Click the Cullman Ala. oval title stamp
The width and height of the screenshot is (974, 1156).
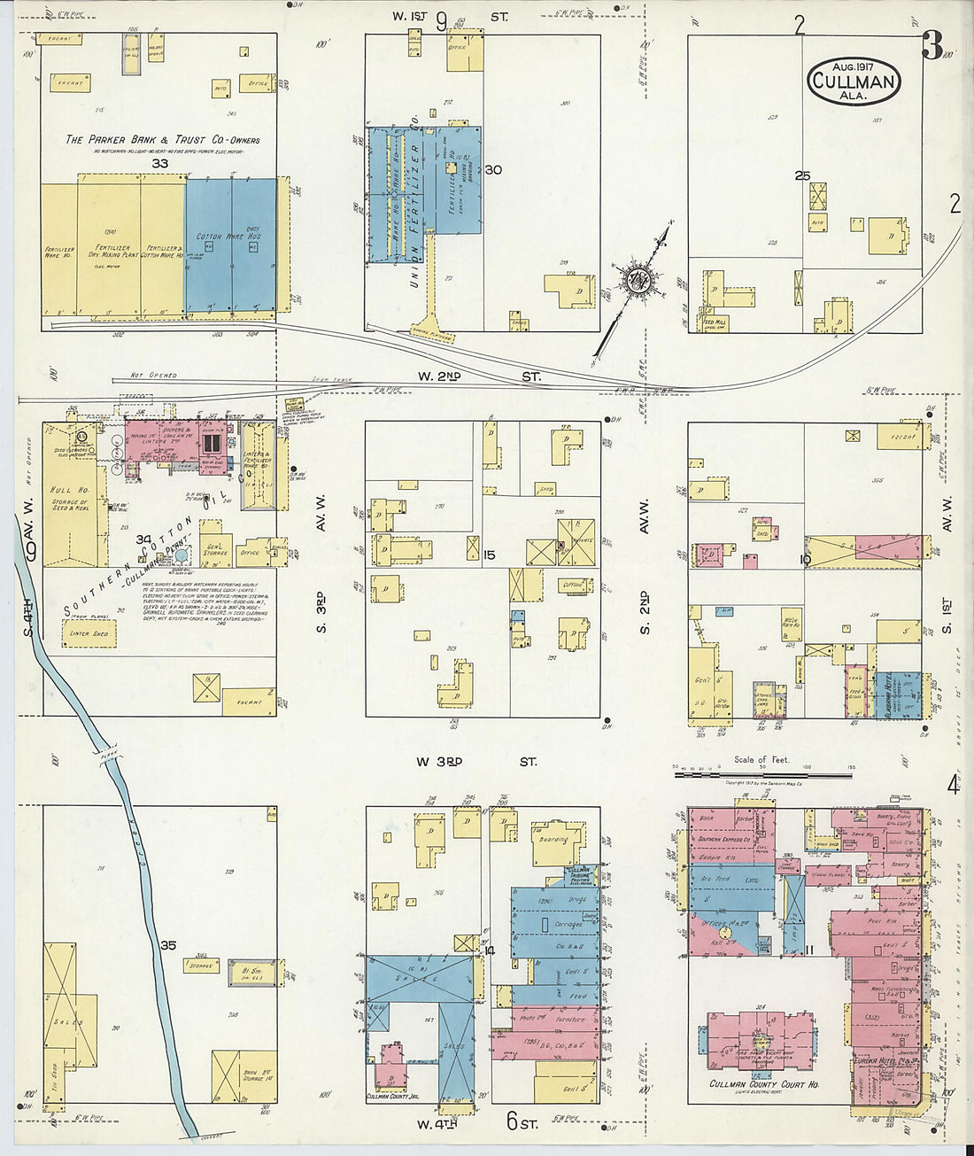(854, 81)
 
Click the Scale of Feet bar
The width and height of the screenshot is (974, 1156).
(763, 775)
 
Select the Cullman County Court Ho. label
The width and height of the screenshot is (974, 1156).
(763, 1084)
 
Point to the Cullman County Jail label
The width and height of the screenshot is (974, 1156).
(391, 1097)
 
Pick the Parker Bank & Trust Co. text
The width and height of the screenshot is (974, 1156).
(162, 140)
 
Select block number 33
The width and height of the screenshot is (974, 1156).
(159, 164)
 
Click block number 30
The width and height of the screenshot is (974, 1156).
(493, 170)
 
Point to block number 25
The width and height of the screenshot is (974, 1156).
(802, 176)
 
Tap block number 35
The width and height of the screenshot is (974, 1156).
(168, 945)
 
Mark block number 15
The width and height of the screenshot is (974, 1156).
(490, 555)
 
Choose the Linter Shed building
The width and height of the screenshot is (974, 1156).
(89, 633)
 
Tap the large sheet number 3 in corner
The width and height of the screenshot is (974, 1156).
(931, 46)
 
